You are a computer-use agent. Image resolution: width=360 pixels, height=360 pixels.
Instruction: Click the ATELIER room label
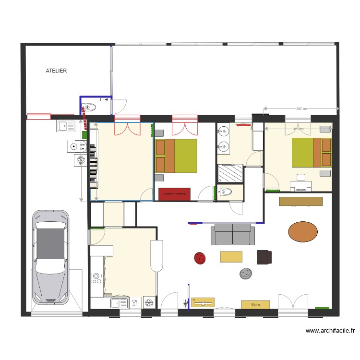coord(56,71)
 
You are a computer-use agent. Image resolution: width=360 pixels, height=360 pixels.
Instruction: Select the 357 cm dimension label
coord(301,109)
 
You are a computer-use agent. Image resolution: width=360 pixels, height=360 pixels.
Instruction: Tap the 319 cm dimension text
coord(298,129)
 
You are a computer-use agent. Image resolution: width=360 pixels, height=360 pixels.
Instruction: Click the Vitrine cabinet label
coord(255,304)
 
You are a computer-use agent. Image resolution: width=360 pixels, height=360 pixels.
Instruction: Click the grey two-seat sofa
coord(233,235)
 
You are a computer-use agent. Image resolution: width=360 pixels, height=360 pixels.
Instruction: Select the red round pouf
coord(200,258)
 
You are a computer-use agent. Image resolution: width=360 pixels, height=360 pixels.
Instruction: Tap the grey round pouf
coord(246,274)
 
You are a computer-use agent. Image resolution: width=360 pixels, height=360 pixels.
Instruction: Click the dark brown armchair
coord(264,257)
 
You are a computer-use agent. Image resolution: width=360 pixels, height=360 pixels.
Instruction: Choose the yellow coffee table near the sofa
coord(231,257)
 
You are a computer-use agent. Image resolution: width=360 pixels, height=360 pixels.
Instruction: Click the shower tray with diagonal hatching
coord(230,173)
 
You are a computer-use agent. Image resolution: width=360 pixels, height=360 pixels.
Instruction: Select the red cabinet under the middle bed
coord(174,194)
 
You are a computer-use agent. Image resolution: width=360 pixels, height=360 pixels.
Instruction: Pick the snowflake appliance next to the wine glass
coord(149,302)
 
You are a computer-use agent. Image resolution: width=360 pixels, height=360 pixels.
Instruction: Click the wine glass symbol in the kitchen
coord(135,302)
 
